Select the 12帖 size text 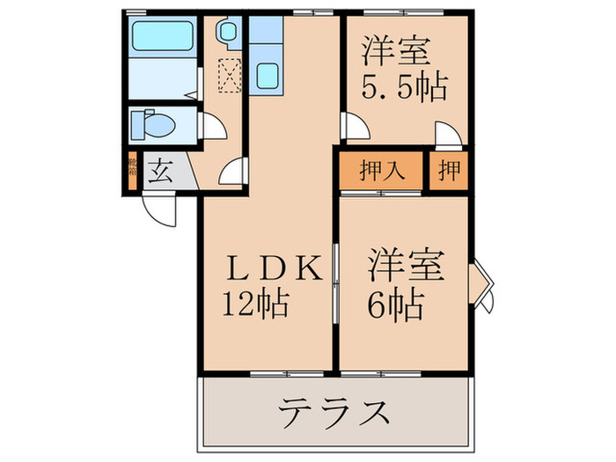pos(254,304)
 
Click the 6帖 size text pos(393,305)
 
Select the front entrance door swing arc pos(161,210)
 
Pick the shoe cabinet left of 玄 pos(132,171)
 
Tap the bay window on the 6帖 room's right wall pos(483,282)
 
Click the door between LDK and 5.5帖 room pos(355,128)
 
